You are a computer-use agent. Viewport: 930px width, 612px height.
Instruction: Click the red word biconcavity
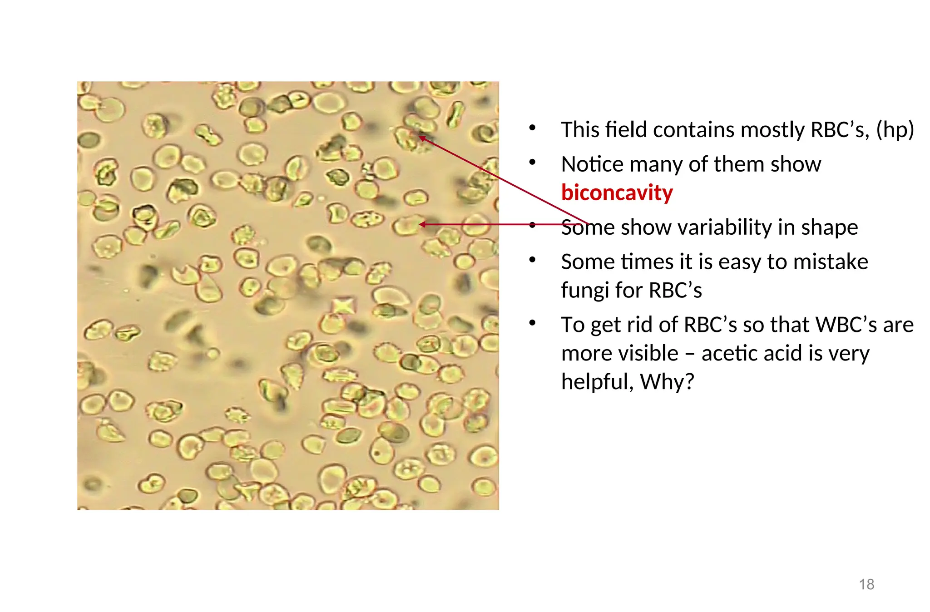(x=617, y=193)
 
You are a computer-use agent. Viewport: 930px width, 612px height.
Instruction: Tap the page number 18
(x=866, y=584)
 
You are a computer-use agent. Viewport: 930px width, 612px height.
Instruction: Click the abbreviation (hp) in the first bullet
(x=895, y=130)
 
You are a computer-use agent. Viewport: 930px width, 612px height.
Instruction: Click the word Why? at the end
(x=667, y=382)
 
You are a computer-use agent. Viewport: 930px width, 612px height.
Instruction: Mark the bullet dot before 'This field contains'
(x=533, y=128)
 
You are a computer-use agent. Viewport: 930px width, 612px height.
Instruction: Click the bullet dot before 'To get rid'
(x=533, y=323)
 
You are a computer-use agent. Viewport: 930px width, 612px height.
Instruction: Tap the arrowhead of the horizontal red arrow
(x=421, y=224)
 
